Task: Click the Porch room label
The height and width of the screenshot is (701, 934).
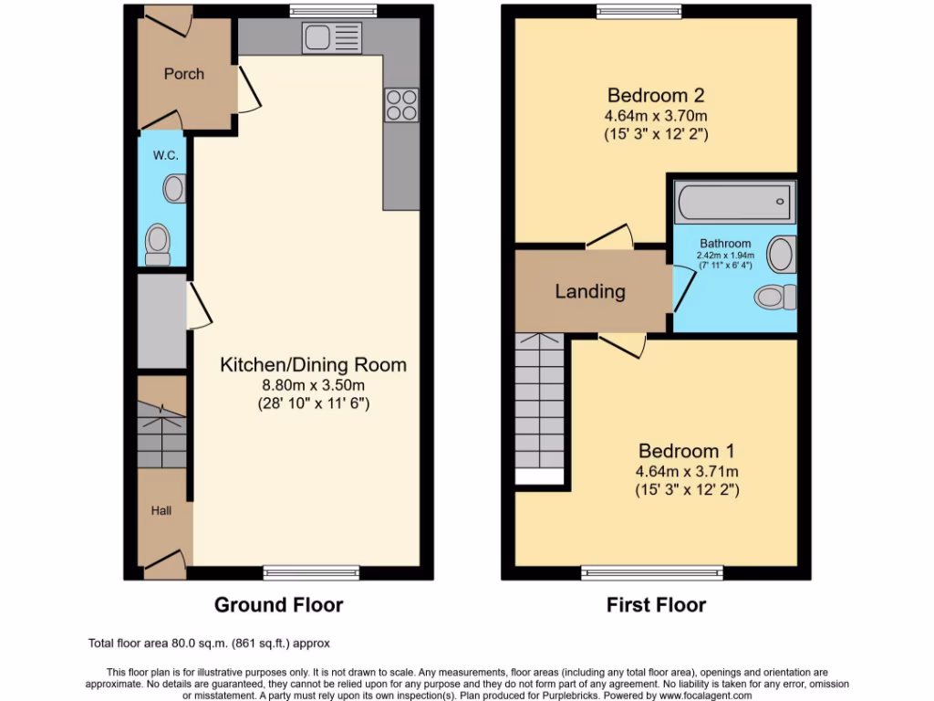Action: [x=183, y=74]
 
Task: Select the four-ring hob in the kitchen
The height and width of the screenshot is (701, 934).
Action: [x=401, y=105]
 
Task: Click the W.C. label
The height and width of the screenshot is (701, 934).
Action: [x=165, y=155]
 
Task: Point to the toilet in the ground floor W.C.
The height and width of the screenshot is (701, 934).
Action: [x=158, y=243]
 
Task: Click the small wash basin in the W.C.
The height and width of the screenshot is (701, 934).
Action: [x=173, y=190]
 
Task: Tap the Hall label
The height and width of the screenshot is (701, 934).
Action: [x=161, y=511]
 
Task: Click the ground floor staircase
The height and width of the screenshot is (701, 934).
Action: [x=161, y=434]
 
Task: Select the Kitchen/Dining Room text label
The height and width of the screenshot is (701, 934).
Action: [x=313, y=365]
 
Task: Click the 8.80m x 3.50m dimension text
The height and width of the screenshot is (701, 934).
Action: [x=313, y=384]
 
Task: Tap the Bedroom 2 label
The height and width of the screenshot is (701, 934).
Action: [x=656, y=95]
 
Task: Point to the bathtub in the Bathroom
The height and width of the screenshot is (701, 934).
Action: [x=734, y=201]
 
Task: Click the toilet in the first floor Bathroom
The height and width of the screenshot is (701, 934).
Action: [x=775, y=297]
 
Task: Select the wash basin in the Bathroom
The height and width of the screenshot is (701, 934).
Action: [x=781, y=255]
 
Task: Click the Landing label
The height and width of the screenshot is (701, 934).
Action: [x=590, y=292]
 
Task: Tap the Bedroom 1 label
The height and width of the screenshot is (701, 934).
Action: [x=686, y=451]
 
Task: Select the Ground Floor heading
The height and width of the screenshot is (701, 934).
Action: [x=278, y=604]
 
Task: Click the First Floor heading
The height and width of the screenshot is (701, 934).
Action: [x=656, y=604]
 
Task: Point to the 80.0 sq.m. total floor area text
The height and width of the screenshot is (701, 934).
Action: [x=215, y=643]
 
